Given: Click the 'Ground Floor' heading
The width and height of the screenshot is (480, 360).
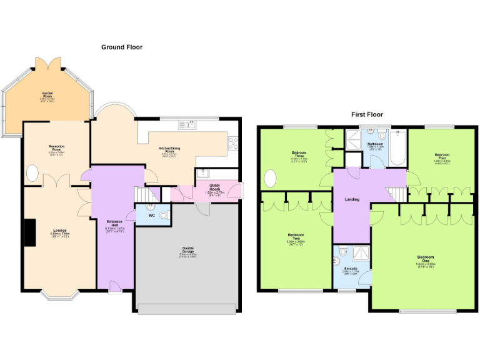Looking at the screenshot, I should pyautogui.click(x=122, y=47).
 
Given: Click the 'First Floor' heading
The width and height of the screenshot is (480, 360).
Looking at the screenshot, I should pyautogui.click(x=366, y=114).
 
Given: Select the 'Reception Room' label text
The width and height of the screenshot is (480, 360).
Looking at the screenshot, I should pyautogui.click(x=57, y=148).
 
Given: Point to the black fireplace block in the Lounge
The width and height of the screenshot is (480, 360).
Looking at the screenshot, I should pyautogui.click(x=29, y=232).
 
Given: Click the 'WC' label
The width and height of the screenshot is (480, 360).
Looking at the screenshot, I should pyautogui.click(x=152, y=216).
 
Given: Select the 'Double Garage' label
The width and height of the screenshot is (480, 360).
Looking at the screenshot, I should pyautogui.click(x=187, y=250).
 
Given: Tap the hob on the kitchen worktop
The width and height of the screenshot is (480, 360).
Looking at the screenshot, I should pyautogui.click(x=233, y=144).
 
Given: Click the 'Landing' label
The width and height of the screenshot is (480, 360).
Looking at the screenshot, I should pyautogui.click(x=352, y=200).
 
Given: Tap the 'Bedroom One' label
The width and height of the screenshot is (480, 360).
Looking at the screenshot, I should pyautogui.click(x=425, y=259).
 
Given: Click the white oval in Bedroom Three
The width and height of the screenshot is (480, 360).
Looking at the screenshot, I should pyautogui.click(x=269, y=179).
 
